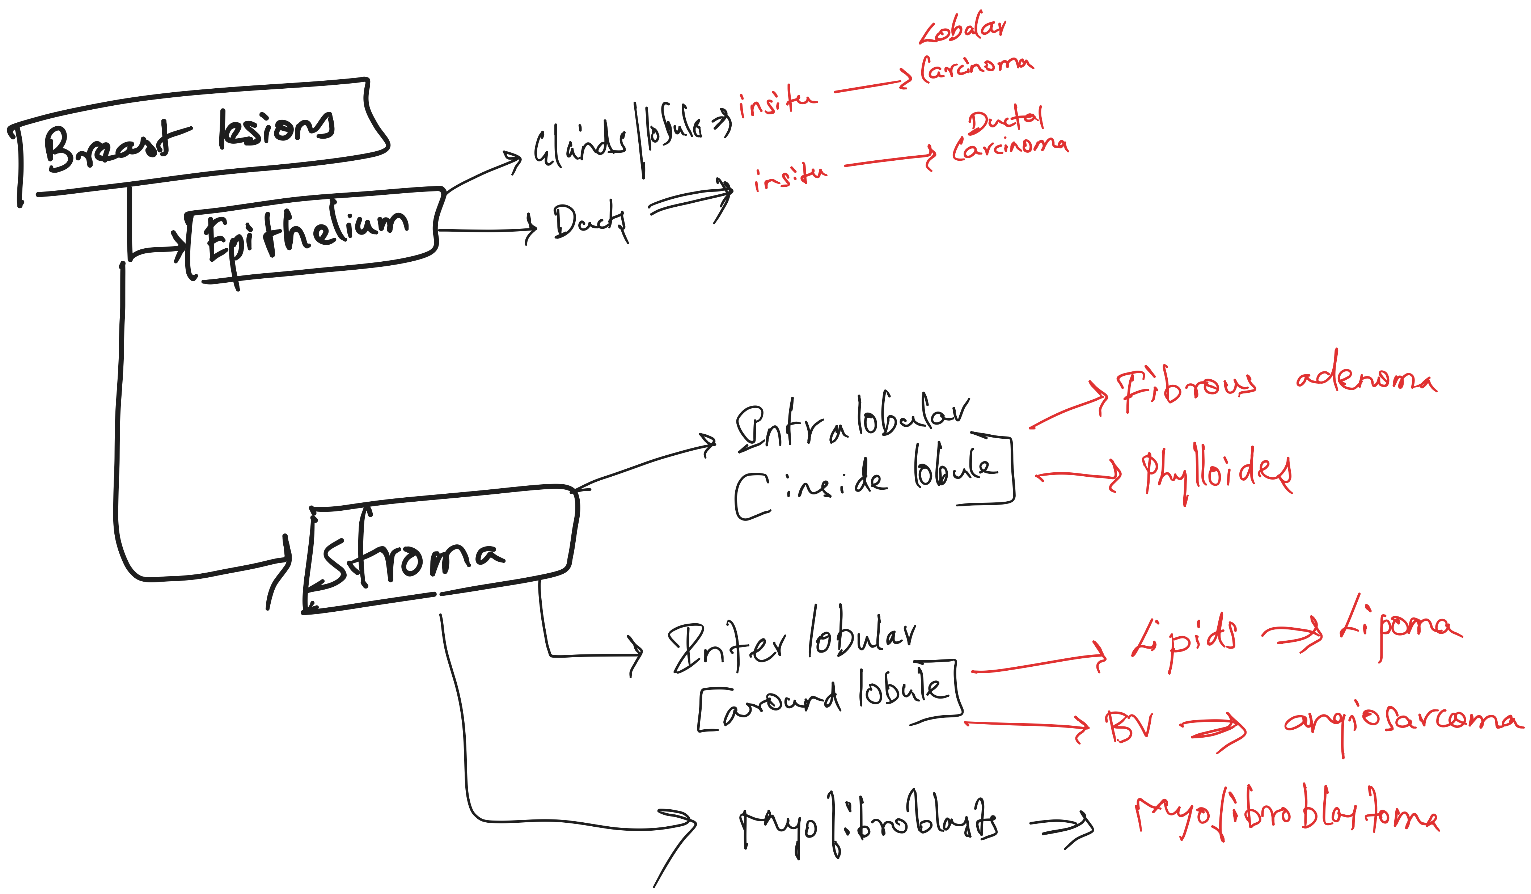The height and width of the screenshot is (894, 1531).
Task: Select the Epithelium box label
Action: coord(307,238)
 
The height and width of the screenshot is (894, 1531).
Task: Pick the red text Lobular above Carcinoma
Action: coord(963,30)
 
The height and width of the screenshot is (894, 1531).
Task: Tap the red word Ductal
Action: coord(1006,120)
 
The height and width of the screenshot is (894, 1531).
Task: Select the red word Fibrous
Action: coord(1185,389)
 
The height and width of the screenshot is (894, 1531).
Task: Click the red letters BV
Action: coord(1129,726)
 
